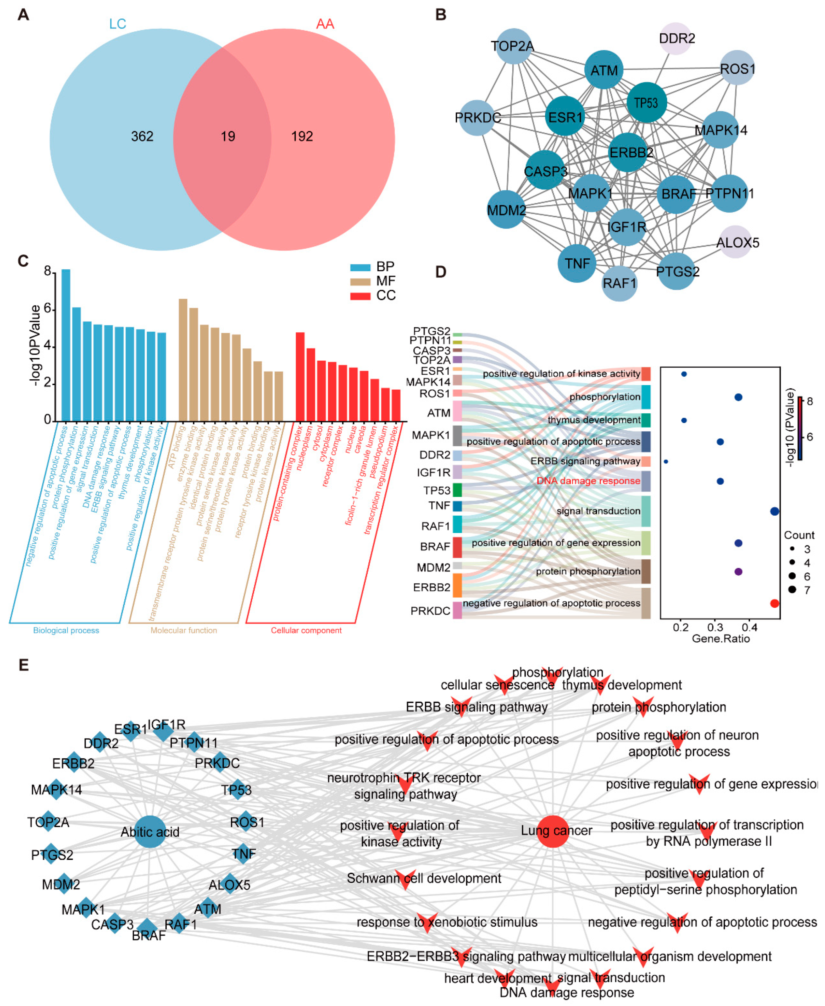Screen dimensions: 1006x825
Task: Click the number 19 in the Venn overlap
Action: [228, 136]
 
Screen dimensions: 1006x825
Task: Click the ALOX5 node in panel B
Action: [736, 242]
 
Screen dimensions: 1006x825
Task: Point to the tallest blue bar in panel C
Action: [65, 345]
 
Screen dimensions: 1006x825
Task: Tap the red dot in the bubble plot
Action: [774, 603]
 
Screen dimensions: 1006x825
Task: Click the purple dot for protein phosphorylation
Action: [738, 571]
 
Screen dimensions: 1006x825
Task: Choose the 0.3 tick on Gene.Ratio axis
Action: [715, 627]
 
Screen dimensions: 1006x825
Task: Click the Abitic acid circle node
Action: [150, 832]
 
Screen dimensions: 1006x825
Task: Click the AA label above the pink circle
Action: [325, 24]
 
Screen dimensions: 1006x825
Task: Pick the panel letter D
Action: [441, 272]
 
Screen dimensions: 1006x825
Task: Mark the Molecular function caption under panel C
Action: [184, 630]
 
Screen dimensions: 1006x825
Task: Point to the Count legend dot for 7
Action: [792, 589]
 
